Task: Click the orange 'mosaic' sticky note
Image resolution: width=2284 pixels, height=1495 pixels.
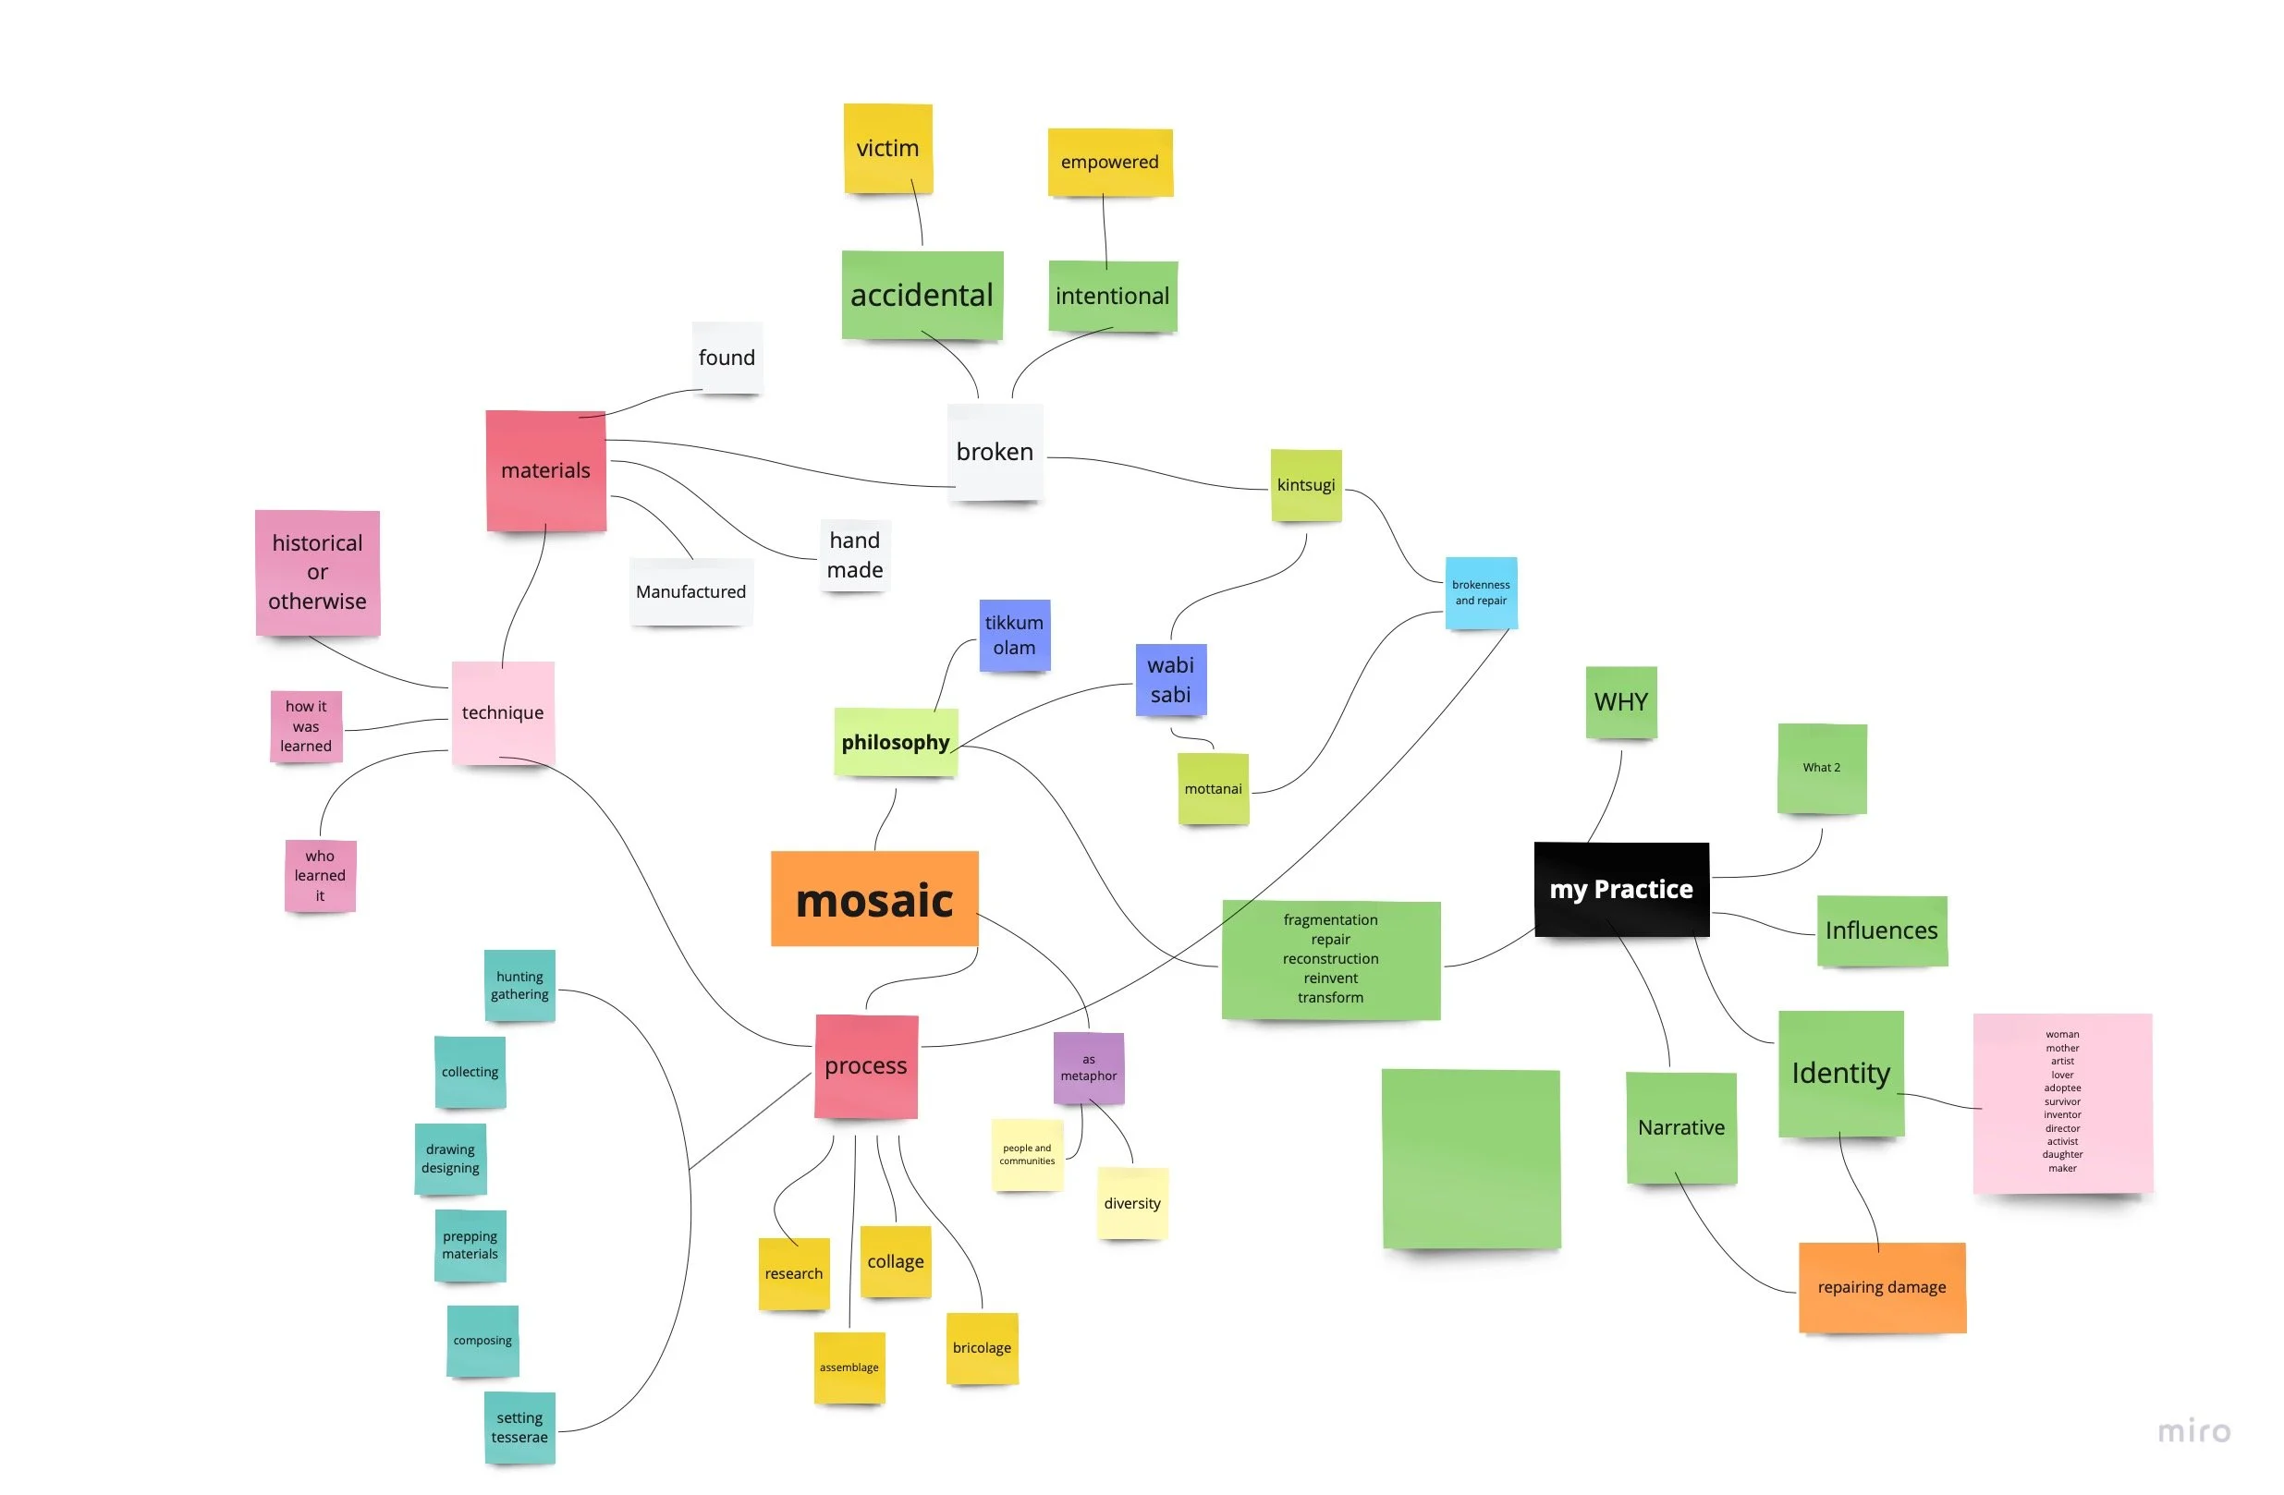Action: [x=874, y=899]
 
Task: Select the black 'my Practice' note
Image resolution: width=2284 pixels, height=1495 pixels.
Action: [x=1621, y=889]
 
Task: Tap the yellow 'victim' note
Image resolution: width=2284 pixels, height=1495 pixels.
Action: [x=887, y=148]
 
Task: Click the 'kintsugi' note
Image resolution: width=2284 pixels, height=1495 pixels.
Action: [x=1305, y=484]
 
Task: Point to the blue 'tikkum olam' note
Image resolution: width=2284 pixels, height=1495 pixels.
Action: [x=1014, y=634]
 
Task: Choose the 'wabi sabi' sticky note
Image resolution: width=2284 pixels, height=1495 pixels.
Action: [x=1170, y=679]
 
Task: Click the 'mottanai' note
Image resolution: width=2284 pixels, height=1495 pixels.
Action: [x=1213, y=789]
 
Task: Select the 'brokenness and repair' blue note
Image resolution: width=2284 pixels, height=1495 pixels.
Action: [x=1481, y=592]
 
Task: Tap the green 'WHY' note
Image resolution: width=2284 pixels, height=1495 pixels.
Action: [x=1621, y=701]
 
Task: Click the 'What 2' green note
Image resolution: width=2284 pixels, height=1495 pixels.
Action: [x=1822, y=768]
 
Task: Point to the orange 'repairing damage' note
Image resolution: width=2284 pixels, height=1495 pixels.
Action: [x=1881, y=1287]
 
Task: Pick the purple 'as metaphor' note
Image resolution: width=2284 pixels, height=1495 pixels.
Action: [x=1088, y=1068]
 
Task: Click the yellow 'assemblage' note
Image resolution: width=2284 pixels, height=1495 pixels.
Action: [x=849, y=1367]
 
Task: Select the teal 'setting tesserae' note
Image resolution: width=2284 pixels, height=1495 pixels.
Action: [x=519, y=1427]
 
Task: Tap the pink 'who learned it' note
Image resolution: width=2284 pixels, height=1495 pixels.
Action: [x=320, y=875]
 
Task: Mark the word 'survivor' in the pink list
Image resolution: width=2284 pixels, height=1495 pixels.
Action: [x=2061, y=1101]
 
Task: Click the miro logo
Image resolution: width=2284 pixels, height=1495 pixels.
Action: [x=2193, y=1431]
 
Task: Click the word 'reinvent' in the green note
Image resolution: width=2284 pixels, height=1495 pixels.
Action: [x=1330, y=978]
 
